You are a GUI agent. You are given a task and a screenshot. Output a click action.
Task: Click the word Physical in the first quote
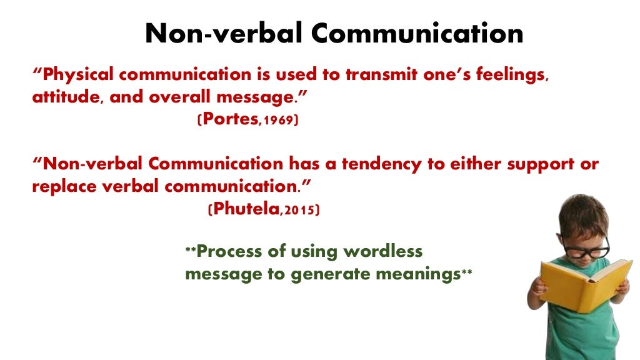79,75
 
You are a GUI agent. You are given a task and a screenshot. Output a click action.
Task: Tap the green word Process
235,252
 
